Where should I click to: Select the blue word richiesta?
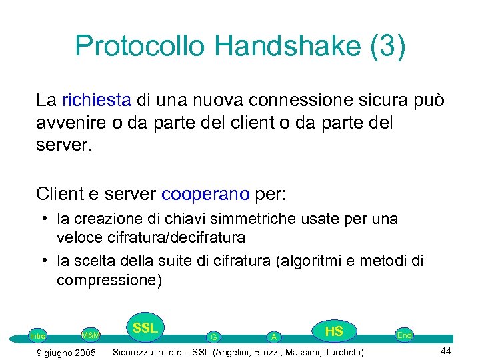(97, 101)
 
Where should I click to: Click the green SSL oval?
(145, 328)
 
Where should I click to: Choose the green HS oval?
(333, 331)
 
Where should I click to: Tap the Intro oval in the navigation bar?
(38, 336)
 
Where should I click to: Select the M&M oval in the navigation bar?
(90, 335)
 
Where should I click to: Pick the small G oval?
(213, 337)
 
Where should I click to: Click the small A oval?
(273, 337)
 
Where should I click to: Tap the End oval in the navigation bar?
(404, 335)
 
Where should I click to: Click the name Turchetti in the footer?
(338, 352)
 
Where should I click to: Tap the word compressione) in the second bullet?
(109, 279)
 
